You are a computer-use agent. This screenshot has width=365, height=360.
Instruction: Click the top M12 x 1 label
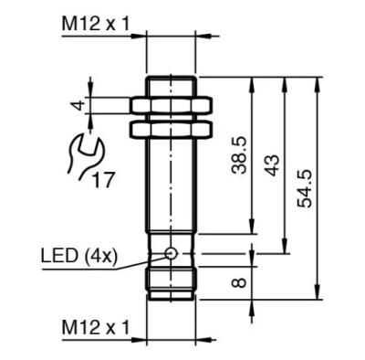click(x=96, y=24)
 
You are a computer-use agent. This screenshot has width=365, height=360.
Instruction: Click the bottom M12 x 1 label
click(x=96, y=327)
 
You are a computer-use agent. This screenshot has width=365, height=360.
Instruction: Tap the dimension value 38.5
click(x=239, y=155)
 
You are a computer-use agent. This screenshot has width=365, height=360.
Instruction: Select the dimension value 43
click(x=272, y=165)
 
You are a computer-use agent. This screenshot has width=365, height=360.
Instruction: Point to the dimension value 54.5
click(x=305, y=188)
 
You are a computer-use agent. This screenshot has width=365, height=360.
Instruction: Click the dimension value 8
click(x=239, y=283)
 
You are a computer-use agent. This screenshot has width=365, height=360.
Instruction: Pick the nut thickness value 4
click(x=78, y=106)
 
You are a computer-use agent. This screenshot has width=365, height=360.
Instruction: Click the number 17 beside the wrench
click(x=103, y=180)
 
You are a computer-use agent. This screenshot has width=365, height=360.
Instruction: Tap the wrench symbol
click(x=85, y=157)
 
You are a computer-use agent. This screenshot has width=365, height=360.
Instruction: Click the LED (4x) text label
click(x=79, y=256)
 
